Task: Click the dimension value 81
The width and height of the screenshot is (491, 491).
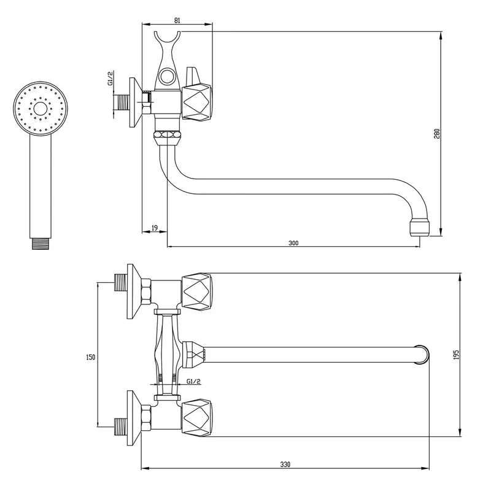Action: click(x=177, y=20)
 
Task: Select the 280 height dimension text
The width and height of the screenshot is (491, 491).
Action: click(x=438, y=134)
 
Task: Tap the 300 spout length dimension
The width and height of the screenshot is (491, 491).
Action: click(x=293, y=242)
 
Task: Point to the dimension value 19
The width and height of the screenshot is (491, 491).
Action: click(x=155, y=228)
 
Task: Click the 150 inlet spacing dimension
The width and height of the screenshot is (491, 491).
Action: click(x=90, y=357)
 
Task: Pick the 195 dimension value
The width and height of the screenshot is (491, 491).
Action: click(x=456, y=355)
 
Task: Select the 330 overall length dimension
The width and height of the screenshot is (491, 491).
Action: click(x=285, y=465)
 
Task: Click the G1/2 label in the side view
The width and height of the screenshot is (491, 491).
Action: click(x=110, y=79)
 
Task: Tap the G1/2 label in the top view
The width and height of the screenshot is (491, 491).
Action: click(x=193, y=381)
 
